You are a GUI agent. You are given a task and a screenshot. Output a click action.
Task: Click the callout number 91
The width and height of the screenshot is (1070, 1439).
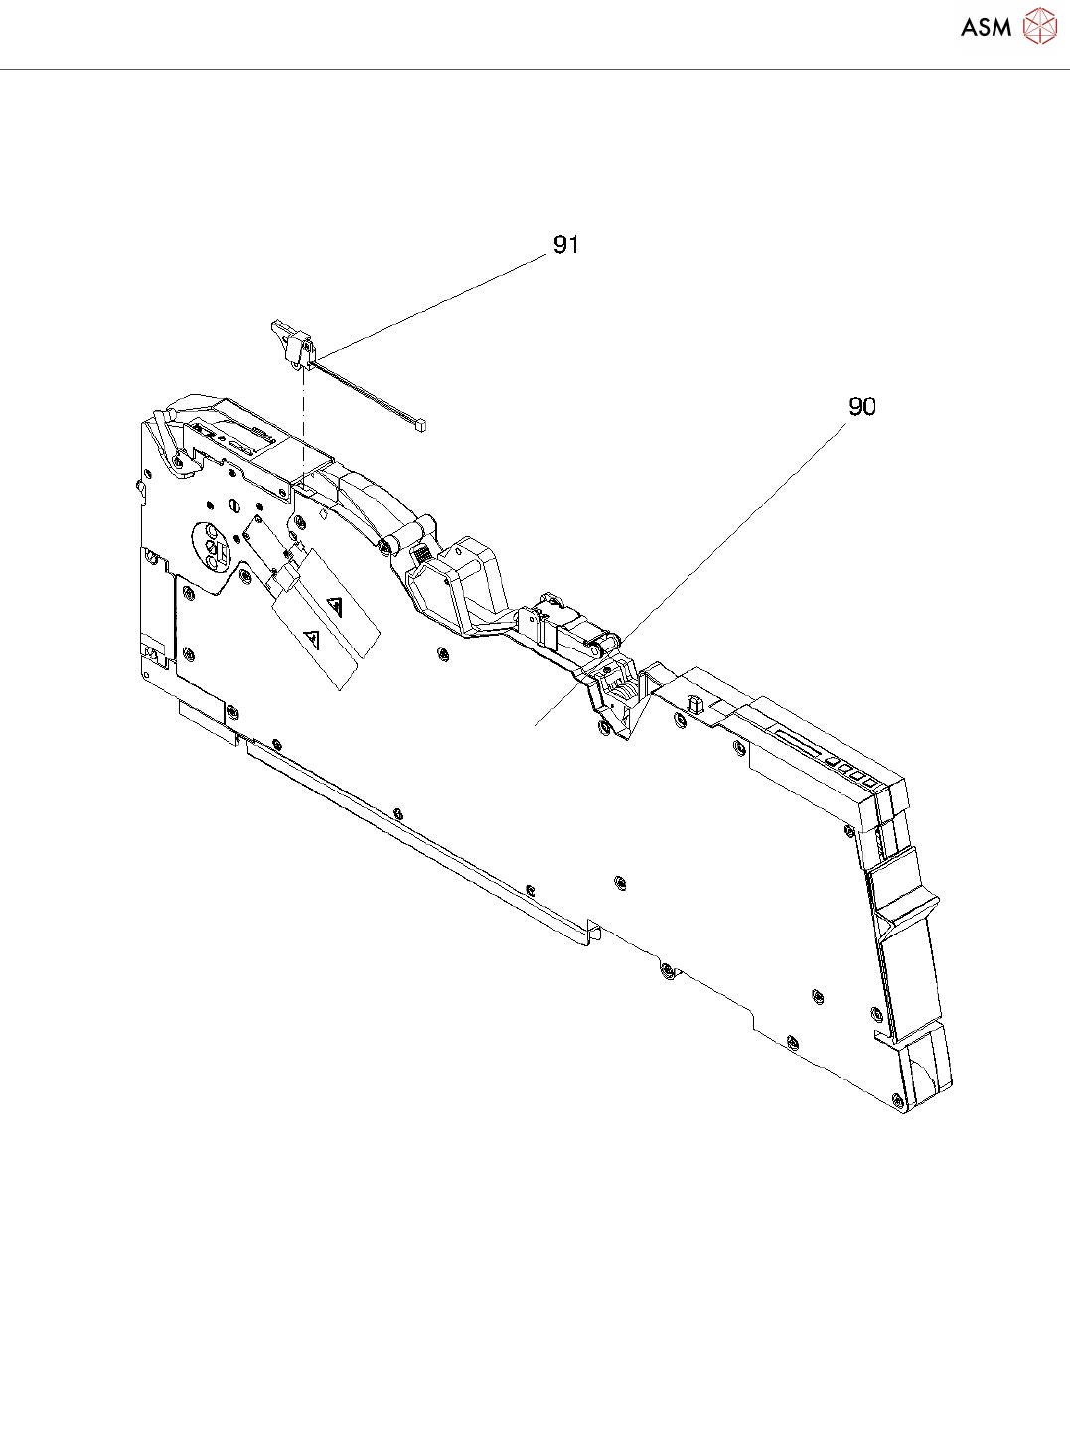pos(566,244)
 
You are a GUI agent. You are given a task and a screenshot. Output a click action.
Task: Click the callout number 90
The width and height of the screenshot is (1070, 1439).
pos(862,406)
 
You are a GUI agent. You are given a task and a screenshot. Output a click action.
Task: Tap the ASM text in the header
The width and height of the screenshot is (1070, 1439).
pos(986,28)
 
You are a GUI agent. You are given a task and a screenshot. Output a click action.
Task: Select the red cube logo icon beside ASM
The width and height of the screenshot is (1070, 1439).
pos(1039,27)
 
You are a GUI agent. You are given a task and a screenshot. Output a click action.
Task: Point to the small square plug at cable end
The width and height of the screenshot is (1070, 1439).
pos(422,424)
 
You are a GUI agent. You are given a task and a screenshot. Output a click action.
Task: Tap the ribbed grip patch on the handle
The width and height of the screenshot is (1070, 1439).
pos(421,553)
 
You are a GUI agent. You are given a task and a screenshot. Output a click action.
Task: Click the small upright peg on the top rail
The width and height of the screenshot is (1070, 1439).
pos(694,703)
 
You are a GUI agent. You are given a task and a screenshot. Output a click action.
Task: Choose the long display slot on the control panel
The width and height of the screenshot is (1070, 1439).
pos(801,744)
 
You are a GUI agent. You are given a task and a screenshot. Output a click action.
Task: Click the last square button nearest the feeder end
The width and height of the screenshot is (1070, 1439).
pos(869,783)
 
